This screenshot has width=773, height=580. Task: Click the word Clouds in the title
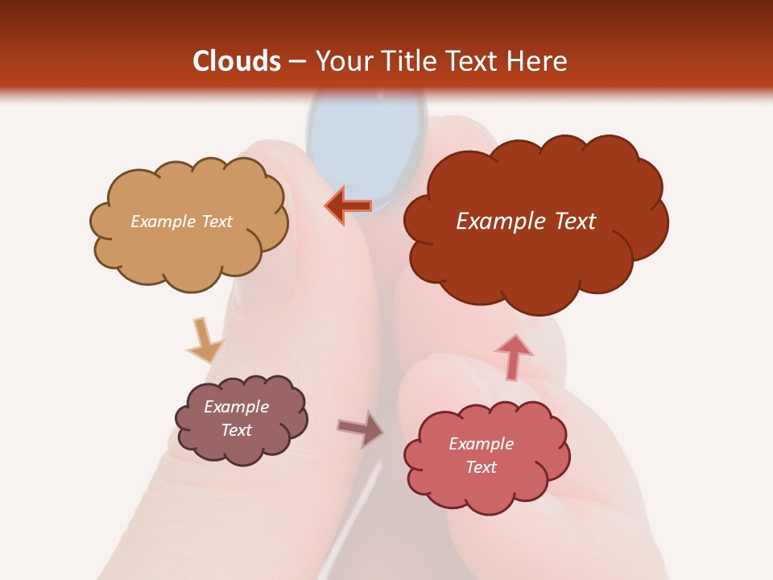pyautogui.click(x=237, y=61)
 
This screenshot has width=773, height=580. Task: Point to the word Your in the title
pyautogui.click(x=341, y=61)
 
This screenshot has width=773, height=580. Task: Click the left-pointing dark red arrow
pyautogui.click(x=349, y=206)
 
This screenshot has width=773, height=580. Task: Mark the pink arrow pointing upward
pyautogui.click(x=513, y=355)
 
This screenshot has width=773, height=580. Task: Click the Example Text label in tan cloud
pyautogui.click(x=181, y=222)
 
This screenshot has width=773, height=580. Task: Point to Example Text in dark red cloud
pyautogui.click(x=526, y=222)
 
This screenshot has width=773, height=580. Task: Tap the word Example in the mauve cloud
pyautogui.click(x=236, y=407)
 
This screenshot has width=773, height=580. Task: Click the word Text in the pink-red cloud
pyautogui.click(x=481, y=467)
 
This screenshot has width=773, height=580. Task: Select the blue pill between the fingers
pyautogui.click(x=366, y=141)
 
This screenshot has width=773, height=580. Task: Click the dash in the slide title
pyautogui.click(x=297, y=62)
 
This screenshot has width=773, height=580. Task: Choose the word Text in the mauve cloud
pyautogui.click(x=236, y=430)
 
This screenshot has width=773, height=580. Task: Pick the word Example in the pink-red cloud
pyautogui.click(x=481, y=444)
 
